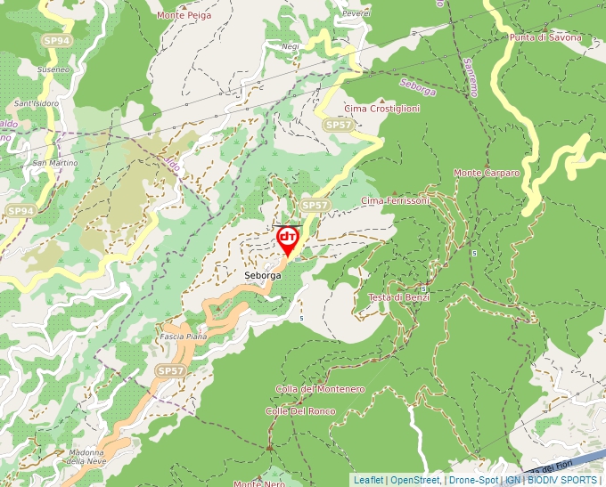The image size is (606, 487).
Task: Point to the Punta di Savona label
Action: click(545, 37)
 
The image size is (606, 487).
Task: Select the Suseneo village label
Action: click(53, 69)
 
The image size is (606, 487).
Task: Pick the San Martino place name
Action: click(55, 163)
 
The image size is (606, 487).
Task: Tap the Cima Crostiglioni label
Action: click(381, 108)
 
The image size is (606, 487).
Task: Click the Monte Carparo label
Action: click(487, 173)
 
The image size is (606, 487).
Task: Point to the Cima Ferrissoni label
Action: click(395, 201)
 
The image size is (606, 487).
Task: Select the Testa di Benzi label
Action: click(399, 297)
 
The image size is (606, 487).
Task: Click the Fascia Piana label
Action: click(183, 337)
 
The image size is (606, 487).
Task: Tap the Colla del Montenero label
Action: click(320, 390)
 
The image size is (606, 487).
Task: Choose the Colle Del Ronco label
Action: click(300, 411)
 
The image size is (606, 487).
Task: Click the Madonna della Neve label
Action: click(86, 457)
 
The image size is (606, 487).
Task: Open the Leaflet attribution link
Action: click(368, 480)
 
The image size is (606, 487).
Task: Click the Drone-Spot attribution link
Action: click(473, 480)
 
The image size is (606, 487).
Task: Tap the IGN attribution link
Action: click(513, 480)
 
